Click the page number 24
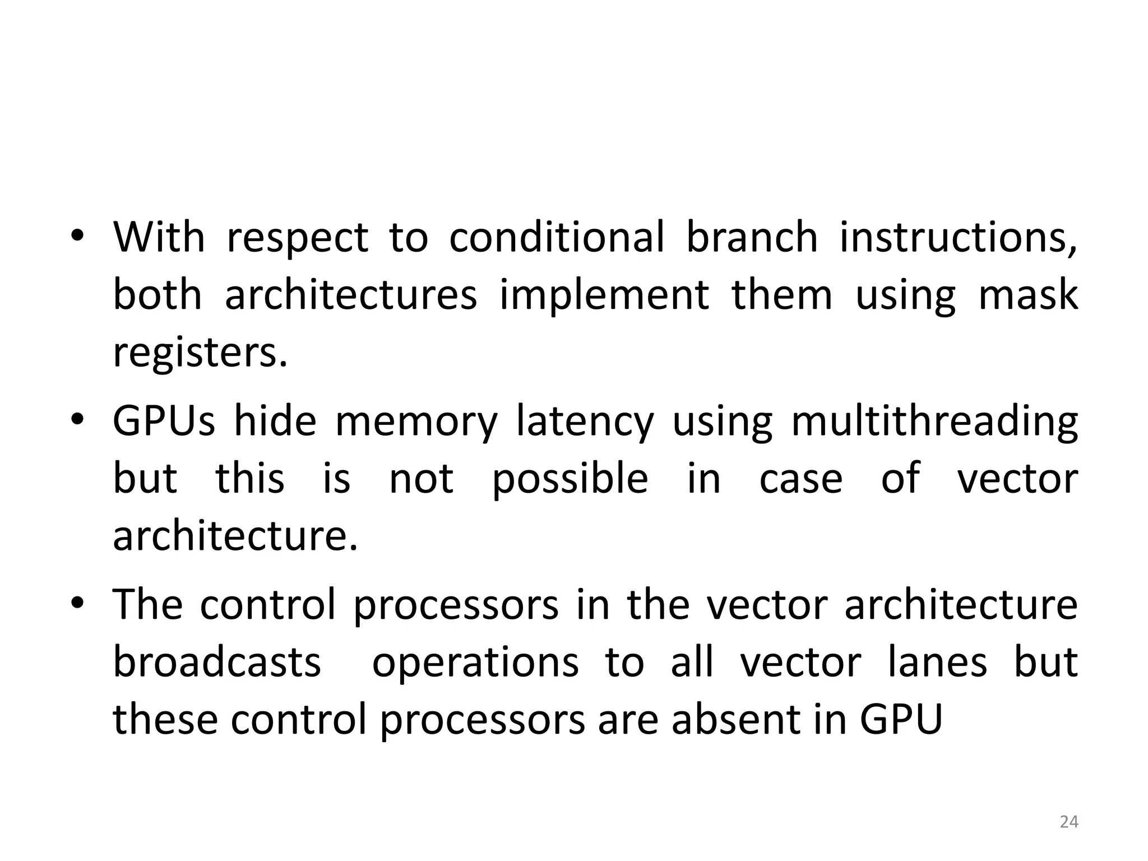coord(1069,822)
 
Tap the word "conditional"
coord(557,238)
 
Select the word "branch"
coord(752,238)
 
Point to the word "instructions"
coord(958,238)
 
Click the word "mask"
coord(1027,295)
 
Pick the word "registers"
coord(200,354)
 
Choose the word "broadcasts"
coord(217,662)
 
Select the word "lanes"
coord(938,662)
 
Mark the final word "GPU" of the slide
coord(901,720)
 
